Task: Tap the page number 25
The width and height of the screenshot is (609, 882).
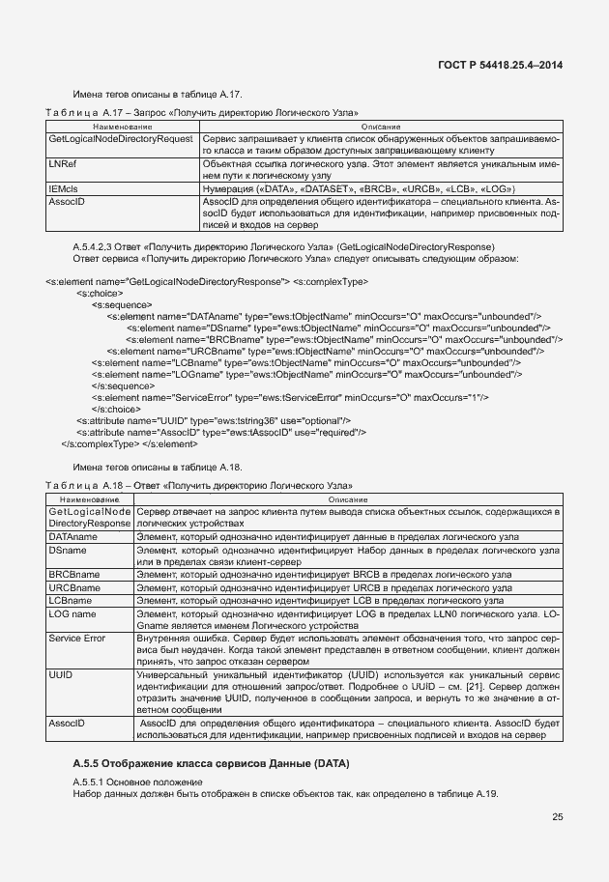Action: [x=558, y=817]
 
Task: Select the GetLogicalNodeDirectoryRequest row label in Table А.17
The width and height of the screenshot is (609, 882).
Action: [x=121, y=140]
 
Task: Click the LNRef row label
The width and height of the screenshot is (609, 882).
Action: [x=63, y=165]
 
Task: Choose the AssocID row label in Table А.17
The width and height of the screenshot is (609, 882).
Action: [x=67, y=202]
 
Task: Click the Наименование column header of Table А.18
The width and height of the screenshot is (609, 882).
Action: [x=89, y=498]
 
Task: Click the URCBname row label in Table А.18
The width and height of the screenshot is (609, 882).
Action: [x=74, y=587]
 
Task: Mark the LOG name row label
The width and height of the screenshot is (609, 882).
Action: [x=72, y=613]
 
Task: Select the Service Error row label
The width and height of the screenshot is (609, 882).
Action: [x=77, y=639]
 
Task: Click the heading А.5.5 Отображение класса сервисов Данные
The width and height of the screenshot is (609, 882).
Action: [x=211, y=764]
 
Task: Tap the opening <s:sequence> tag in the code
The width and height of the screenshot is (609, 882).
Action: [x=120, y=304]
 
